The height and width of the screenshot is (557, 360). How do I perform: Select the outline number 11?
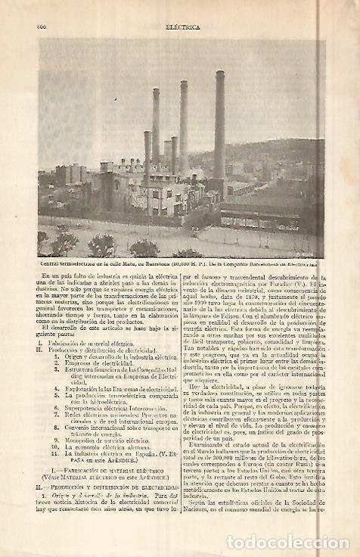click(x=55, y=453)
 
